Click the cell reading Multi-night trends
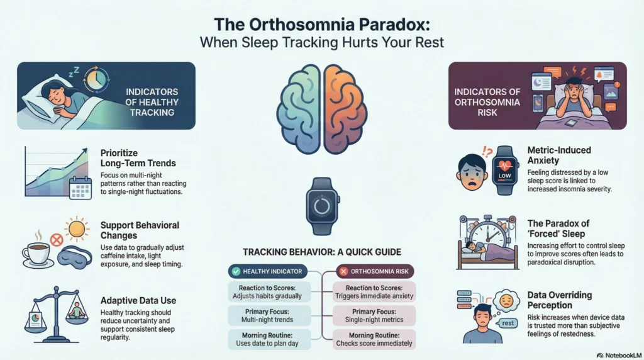(269, 315)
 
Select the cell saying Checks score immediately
(375, 339)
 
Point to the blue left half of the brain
(299, 108)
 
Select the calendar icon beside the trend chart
(80, 188)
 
